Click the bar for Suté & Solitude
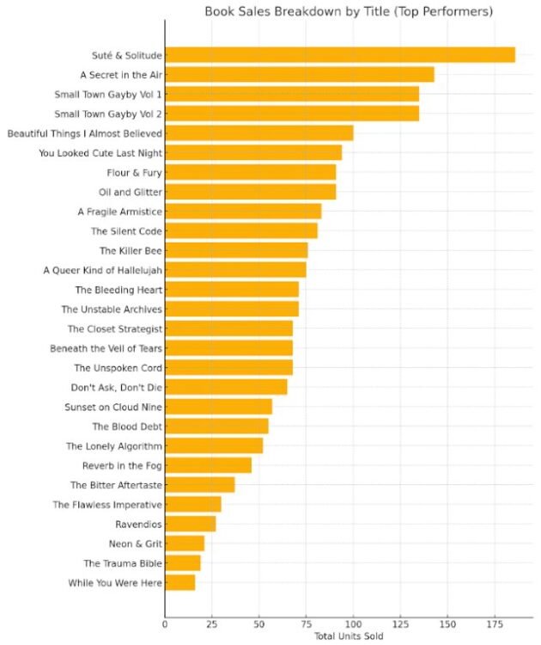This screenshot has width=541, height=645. coord(339,55)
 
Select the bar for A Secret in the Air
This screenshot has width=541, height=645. coord(299,75)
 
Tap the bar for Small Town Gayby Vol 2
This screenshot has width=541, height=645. coord(291,114)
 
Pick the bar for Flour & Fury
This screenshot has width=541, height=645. coord(250,172)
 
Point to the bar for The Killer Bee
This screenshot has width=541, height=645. coord(236,250)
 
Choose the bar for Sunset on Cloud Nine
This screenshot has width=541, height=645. coord(218,407)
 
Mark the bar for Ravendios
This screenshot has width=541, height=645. coord(190,524)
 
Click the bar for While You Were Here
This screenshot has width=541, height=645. coord(179,583)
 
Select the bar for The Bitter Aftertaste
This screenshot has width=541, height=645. coord(199,485)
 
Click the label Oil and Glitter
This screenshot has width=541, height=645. coord(131,192)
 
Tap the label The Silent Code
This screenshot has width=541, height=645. coord(126,231)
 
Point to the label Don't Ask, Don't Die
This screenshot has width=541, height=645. coord(117,387)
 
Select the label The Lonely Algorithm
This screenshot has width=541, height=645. coord(114,446)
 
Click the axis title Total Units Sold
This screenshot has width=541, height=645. coord(348,636)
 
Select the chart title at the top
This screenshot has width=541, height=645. coord(349,12)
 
